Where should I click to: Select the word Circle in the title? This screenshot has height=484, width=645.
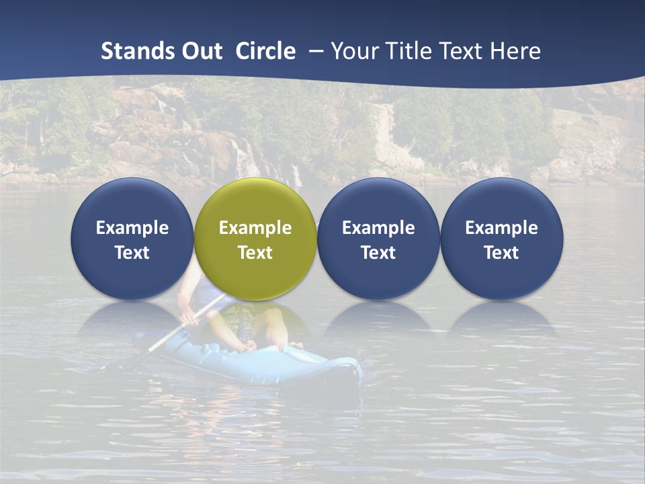click(265, 51)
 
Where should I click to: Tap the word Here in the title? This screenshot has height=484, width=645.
click(516, 51)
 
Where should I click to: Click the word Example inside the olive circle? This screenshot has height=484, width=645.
click(255, 228)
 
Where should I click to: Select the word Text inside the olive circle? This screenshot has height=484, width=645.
click(255, 253)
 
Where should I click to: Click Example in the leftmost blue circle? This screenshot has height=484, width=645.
click(132, 228)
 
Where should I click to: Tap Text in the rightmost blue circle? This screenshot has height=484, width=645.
click(501, 253)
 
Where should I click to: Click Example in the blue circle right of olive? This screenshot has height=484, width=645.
click(378, 228)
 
